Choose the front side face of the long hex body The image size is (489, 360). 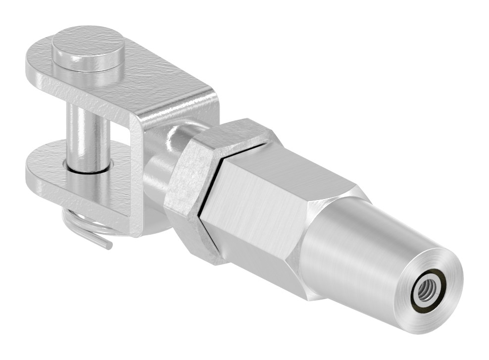[x=252, y=218]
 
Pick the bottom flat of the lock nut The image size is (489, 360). [x=198, y=243]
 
